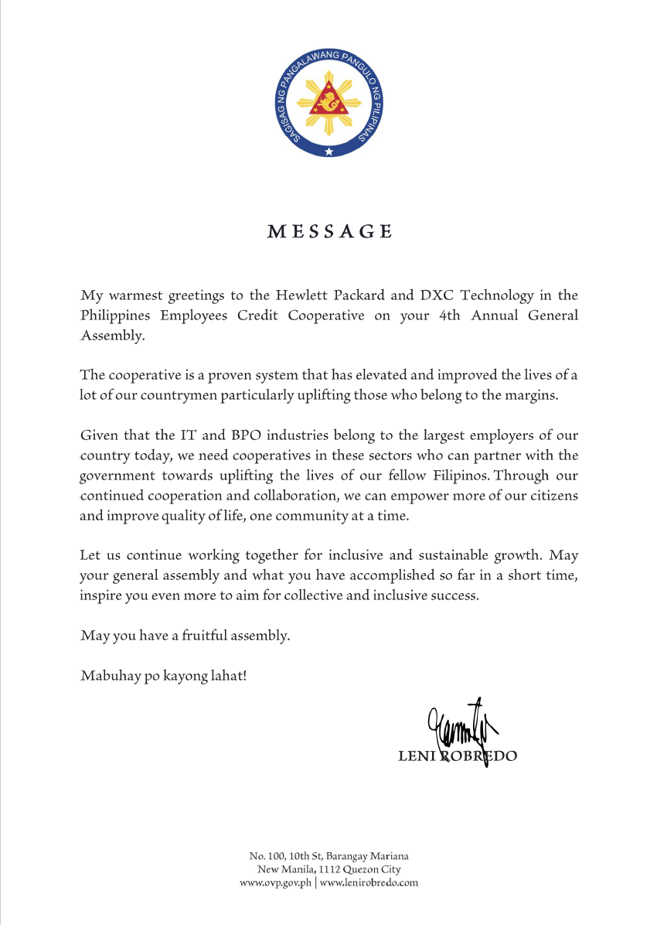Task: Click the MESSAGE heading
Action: (329, 231)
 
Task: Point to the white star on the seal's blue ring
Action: (328, 150)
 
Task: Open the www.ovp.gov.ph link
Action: (276, 882)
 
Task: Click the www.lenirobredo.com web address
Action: (369, 882)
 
